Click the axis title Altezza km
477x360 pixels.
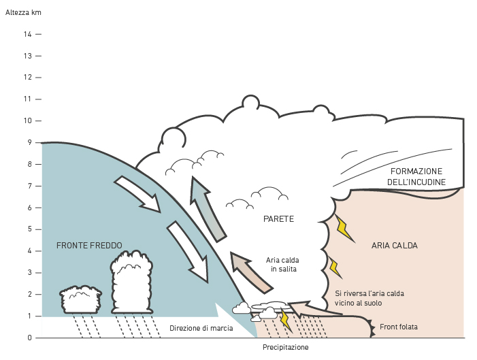point(23,12)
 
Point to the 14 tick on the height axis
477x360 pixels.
point(28,35)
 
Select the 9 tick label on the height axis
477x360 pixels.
point(29,142)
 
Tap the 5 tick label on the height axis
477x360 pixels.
point(29,229)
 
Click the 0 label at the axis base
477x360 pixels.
point(29,338)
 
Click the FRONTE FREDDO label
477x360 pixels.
point(89,245)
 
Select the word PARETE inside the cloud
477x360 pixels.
point(279,219)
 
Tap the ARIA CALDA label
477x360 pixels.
point(395,245)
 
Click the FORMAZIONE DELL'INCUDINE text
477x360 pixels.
point(416,176)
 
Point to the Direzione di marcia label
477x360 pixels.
point(201,328)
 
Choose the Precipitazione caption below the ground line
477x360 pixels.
point(285,347)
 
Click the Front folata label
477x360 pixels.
point(399,327)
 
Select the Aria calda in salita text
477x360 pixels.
point(282,265)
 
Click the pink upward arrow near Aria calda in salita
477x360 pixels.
point(250,272)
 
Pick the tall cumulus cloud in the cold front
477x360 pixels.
point(132,282)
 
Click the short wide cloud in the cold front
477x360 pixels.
point(80,299)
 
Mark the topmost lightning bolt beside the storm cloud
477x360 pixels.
point(345,229)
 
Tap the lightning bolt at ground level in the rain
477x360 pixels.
point(286,321)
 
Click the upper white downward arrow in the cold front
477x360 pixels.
point(138,195)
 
